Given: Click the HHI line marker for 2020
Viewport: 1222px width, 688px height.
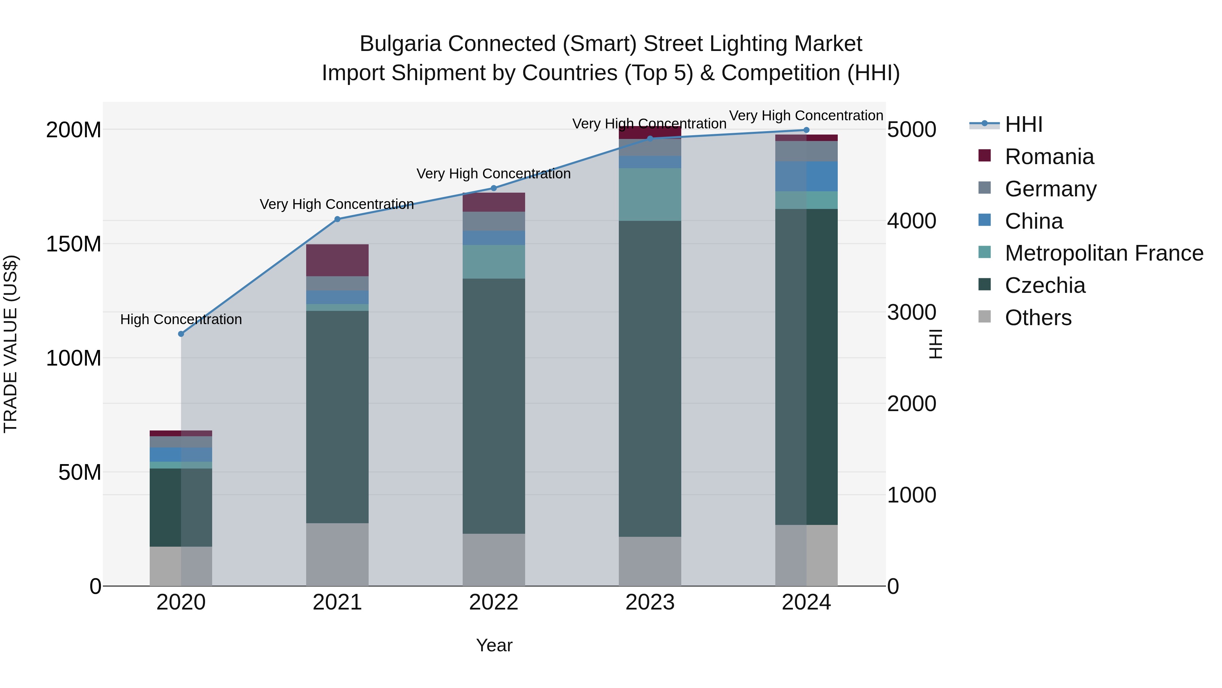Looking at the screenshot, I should tap(181, 334).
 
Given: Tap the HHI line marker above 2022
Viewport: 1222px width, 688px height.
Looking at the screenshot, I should tap(493, 188).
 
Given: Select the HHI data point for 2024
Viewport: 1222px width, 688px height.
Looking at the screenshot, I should tap(806, 130).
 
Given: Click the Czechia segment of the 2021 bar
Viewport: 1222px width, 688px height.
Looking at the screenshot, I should tap(337, 417).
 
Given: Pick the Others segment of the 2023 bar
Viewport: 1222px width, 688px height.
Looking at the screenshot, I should tap(650, 561).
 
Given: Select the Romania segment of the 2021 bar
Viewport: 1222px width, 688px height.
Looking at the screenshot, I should tap(337, 260).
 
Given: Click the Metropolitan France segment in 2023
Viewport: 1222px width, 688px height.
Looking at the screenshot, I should tap(650, 194).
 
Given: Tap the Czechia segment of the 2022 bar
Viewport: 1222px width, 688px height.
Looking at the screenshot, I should tap(493, 406).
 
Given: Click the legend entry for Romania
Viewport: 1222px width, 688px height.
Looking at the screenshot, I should tap(1049, 157).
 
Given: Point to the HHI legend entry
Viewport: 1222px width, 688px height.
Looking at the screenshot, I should tap(1023, 124).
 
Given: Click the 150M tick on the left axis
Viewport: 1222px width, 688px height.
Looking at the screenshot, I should tap(74, 244).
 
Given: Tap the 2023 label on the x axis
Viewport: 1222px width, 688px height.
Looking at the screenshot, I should tap(650, 602).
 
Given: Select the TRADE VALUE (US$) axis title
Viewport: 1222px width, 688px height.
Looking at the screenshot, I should tap(11, 344).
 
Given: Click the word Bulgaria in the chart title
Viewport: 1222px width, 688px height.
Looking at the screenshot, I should tap(401, 44).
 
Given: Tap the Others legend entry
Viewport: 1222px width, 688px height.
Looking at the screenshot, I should tap(1038, 318).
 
